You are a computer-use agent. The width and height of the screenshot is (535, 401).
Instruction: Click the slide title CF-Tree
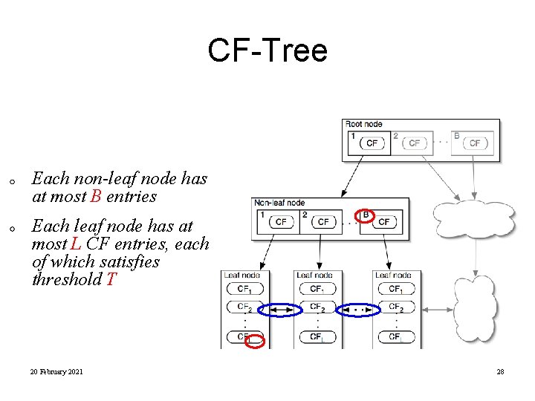pos(267,51)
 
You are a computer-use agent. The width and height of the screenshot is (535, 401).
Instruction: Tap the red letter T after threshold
pos(111,280)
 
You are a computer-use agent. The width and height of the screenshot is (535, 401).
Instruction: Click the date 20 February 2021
pos(56,371)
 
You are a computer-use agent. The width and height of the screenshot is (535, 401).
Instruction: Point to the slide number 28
pos(500,371)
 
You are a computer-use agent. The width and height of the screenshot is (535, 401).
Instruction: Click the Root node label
pos(364,124)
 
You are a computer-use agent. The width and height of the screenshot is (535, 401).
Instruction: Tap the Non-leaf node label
pos(279,203)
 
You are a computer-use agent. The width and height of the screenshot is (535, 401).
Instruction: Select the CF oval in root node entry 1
pos(372,143)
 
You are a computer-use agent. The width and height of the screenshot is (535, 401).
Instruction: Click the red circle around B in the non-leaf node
pos(365,215)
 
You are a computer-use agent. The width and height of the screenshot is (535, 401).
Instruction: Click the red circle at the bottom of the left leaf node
pos(255,342)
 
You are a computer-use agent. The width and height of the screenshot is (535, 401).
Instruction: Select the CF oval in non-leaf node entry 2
pos(323,221)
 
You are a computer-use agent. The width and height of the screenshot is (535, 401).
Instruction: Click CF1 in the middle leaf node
pos(317,289)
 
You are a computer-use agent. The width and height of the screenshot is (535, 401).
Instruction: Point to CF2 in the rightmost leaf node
pos(395,307)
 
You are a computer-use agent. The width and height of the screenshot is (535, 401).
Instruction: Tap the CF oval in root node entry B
pos(475,143)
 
